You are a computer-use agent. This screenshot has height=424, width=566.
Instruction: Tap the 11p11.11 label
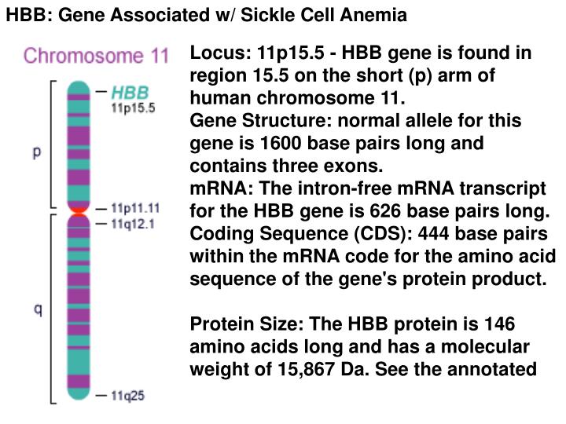tap(135, 209)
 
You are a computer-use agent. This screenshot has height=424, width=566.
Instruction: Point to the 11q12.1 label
tap(133, 223)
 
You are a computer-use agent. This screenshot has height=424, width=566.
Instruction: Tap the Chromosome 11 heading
tap(96, 56)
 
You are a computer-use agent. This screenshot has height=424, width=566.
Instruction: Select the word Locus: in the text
tap(217, 53)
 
